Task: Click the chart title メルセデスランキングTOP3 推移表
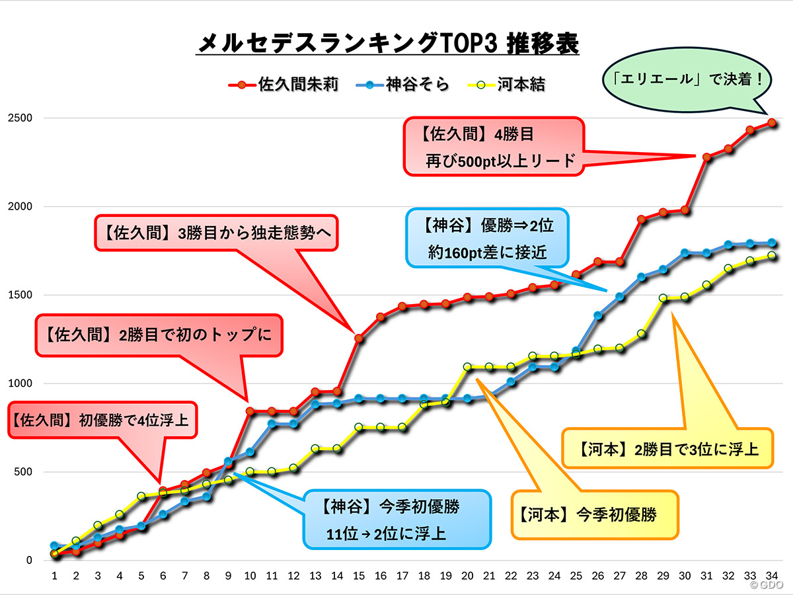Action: [x=389, y=44]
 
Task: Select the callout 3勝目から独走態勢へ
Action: [x=216, y=233]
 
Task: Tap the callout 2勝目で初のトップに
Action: [x=159, y=335]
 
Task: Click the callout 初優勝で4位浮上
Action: [x=102, y=419]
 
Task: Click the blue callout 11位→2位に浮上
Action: [x=397, y=519]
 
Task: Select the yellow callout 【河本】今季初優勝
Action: [x=595, y=514]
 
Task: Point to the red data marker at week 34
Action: [x=771, y=123]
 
